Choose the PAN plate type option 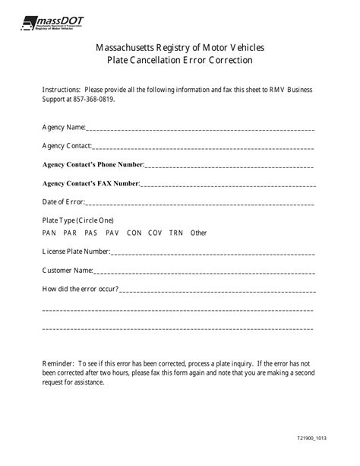tap(49, 233)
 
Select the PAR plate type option tap(70, 233)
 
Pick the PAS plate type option tap(91, 233)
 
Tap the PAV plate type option tap(112, 233)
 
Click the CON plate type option tap(134, 233)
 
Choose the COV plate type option tap(155, 233)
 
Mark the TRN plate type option tap(176, 233)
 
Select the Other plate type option tap(198, 233)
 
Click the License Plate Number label tap(76, 252)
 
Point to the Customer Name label tap(67, 271)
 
